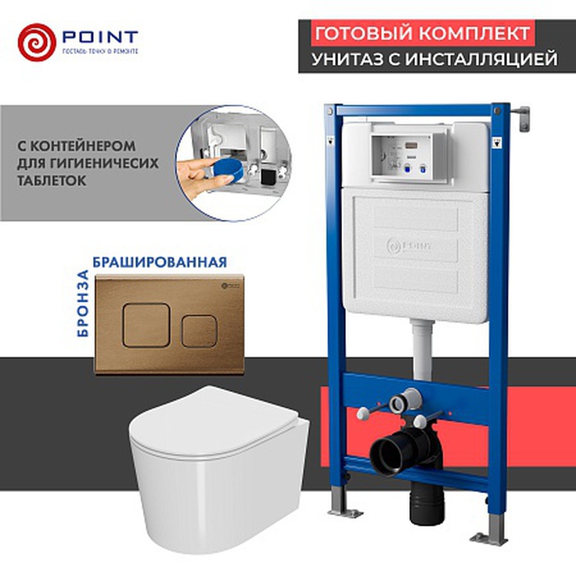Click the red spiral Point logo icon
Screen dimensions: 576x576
[x=37, y=41]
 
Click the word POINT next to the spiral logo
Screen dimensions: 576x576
[x=99, y=38]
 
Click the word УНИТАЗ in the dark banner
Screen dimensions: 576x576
[x=345, y=59]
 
